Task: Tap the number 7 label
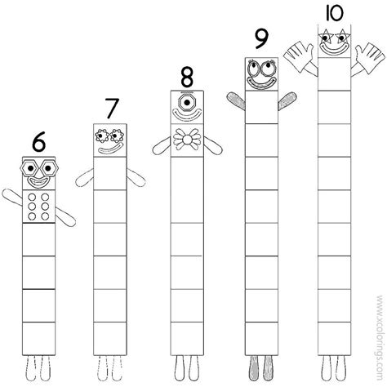113,109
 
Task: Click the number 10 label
333,14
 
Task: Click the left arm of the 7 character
86,175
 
